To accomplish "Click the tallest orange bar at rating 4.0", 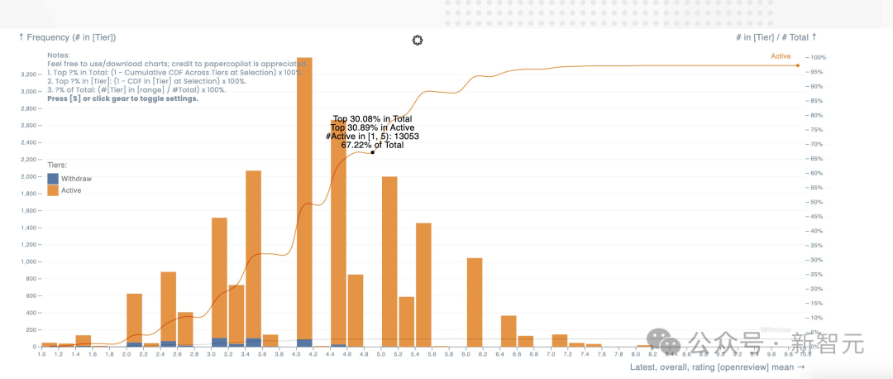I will coord(304,199).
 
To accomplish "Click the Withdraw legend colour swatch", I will coord(53,179).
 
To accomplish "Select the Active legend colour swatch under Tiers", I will coord(53,190).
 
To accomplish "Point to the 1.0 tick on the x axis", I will coord(41,354).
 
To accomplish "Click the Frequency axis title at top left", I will coord(67,37).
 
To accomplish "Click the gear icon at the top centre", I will coord(418,41).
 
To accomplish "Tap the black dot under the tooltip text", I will coord(373,152).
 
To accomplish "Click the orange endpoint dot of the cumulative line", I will coord(798,65).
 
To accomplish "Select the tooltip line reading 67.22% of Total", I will coord(372,145).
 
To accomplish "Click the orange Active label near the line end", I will coord(781,56).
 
